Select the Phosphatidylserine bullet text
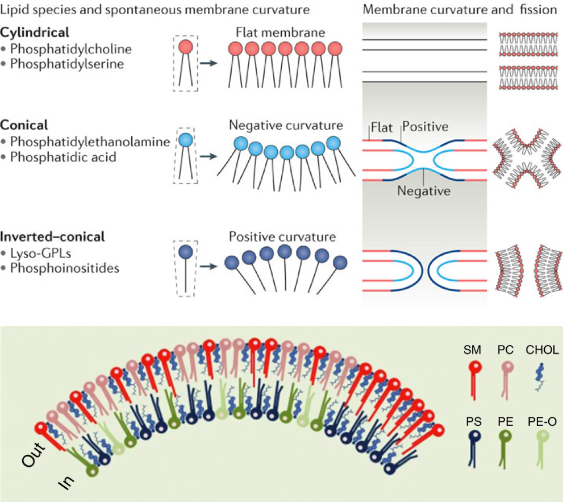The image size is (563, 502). point(66,64)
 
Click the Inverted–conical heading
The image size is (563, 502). point(52,235)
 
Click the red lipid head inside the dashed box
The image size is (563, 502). point(186,47)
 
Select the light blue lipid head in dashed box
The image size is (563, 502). point(186,139)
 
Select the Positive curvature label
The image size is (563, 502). point(282,236)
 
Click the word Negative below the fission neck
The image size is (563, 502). point(423,191)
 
